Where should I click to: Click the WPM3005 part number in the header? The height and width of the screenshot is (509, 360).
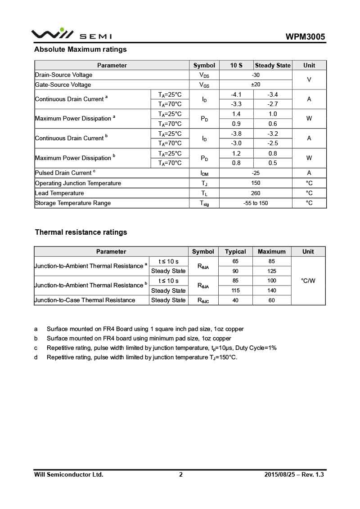(305, 37)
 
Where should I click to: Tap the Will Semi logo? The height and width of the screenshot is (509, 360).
(72, 34)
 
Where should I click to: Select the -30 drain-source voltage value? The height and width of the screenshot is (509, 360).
(255, 75)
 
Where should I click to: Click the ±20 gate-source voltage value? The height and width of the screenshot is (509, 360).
(255, 85)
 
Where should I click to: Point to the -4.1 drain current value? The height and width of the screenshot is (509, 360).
(236, 94)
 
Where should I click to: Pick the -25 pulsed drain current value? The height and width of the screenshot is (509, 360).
(255, 173)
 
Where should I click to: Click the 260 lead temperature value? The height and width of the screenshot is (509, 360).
(255, 193)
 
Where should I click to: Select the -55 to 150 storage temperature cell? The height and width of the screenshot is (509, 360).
(255, 203)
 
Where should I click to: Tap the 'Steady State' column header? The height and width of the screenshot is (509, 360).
(273, 65)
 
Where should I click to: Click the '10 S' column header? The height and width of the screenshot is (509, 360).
(236, 65)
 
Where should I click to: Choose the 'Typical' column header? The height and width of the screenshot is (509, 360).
(235, 251)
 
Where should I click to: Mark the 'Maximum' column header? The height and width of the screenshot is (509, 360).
(271, 251)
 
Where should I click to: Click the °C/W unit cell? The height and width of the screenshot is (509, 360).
(308, 281)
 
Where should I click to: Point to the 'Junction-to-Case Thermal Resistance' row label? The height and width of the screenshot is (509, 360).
(85, 300)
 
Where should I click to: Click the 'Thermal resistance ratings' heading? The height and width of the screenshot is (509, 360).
(81, 232)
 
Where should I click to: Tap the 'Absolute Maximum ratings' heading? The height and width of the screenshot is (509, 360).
(81, 49)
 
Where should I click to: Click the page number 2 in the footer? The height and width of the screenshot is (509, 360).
(181, 474)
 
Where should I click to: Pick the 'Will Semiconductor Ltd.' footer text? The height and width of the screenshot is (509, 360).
(69, 474)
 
